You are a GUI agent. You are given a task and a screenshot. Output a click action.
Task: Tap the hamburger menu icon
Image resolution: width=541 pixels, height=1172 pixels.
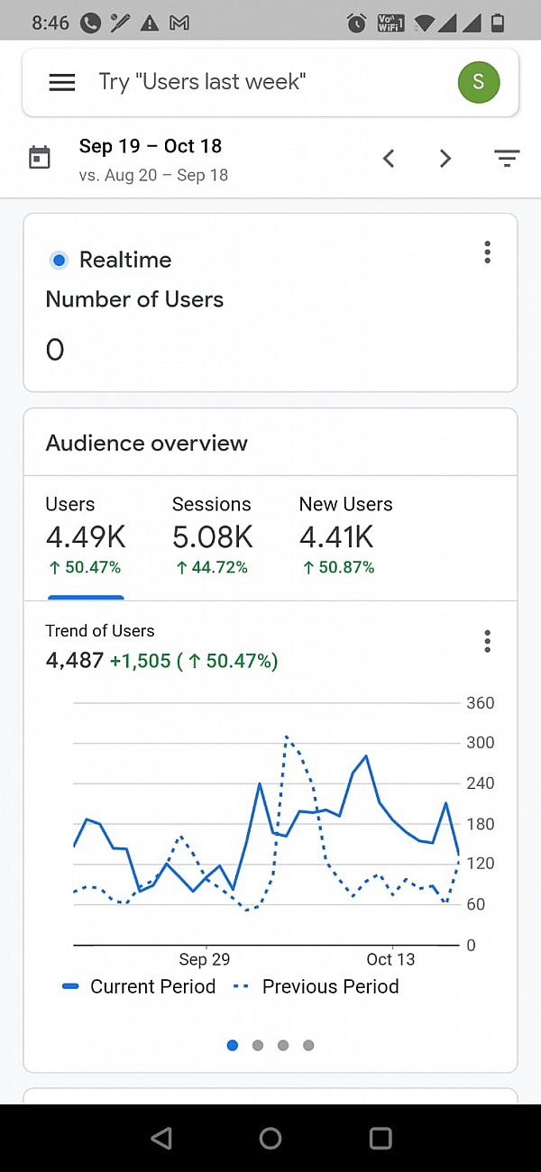[x=61, y=83]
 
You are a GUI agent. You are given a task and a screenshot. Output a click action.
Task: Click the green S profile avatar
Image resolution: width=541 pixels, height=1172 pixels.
[x=478, y=82]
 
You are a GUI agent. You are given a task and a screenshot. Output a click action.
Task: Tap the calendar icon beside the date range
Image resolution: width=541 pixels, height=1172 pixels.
[x=40, y=158]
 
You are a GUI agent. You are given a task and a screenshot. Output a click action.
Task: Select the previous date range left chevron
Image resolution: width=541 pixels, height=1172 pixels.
[x=389, y=159]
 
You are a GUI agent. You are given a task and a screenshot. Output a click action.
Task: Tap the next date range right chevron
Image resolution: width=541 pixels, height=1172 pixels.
[x=445, y=159]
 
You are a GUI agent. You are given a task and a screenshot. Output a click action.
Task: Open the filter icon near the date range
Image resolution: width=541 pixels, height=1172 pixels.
[x=507, y=159]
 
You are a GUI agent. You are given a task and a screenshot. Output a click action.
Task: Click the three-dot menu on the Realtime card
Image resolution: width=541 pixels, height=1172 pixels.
[x=487, y=252]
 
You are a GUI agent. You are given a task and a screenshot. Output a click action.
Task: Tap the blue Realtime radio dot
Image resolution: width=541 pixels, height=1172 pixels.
[x=59, y=261]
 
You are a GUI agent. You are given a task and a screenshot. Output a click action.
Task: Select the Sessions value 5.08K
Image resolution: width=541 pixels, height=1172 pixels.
[x=213, y=537]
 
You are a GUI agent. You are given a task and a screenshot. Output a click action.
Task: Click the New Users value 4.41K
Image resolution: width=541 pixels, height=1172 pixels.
[x=336, y=537]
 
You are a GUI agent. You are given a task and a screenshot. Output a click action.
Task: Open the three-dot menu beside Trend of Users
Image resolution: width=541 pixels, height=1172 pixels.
[x=487, y=641]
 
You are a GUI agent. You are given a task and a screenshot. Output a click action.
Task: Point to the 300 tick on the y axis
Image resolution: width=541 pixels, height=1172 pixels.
[x=480, y=743]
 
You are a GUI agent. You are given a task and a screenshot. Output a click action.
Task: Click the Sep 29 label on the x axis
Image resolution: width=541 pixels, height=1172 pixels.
[x=205, y=959]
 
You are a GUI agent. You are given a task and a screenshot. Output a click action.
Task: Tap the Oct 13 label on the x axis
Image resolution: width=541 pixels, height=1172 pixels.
[x=390, y=959]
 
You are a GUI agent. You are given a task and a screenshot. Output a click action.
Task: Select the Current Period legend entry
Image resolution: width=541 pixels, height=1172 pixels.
[x=140, y=986]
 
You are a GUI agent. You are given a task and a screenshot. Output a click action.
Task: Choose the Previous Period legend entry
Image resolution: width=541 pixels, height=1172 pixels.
[x=316, y=986]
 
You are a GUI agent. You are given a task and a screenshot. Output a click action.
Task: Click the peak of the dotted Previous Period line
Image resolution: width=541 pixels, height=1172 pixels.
[x=287, y=737]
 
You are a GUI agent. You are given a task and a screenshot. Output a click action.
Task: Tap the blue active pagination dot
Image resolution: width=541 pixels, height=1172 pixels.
[x=233, y=1045]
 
